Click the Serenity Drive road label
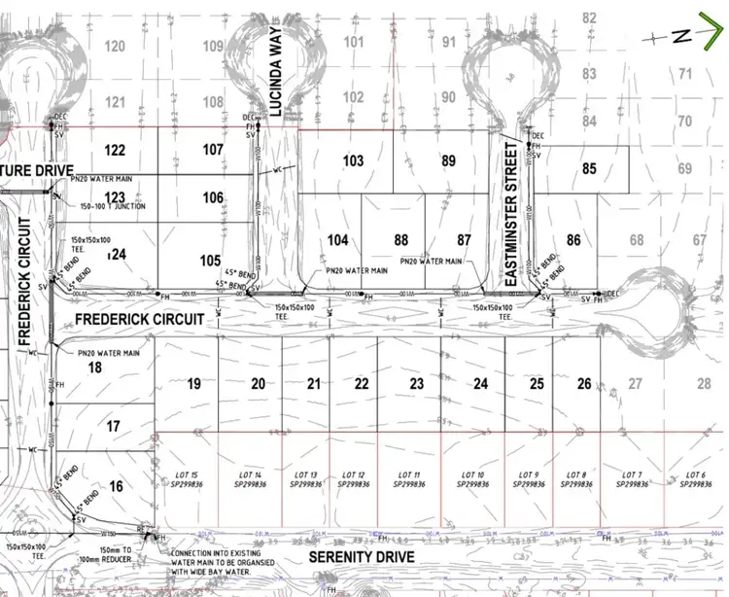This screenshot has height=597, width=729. coord(361,557)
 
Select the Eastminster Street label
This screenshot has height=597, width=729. coord(510,213)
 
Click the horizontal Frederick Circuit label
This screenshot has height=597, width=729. coord(140,319)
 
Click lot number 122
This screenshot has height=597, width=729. coord(115,150)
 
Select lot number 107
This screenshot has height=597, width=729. coord(213,150)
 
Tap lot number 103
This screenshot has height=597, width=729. coord(353,160)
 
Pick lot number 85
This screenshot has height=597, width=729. coord(588,168)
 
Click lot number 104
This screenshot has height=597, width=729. coord(337,239)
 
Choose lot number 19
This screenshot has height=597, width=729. coord(193,384)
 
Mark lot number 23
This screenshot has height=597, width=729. coord(416,384)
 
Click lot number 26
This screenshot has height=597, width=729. coord(583,384)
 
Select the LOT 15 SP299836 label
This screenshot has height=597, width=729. coord(189,478)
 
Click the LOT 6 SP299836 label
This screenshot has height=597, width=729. coord(694,478)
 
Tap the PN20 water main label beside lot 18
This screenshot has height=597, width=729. coord(109,352)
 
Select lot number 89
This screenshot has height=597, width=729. coord(448,160)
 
